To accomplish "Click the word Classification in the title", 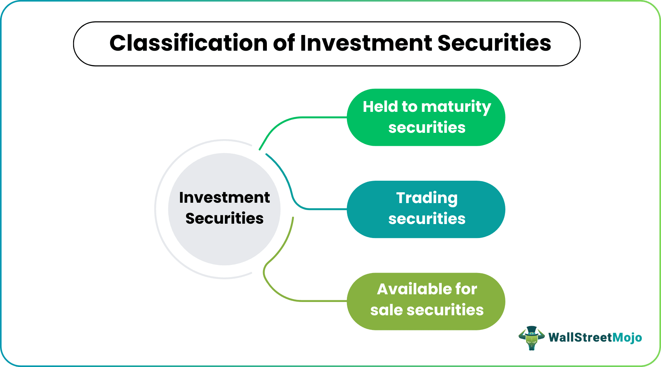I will click(189, 43).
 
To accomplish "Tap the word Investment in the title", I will click(366, 43).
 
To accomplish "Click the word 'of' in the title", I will click(284, 43).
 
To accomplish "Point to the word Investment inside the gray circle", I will click(224, 197).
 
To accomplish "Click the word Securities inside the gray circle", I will click(224, 218).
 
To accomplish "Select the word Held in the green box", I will click(380, 107).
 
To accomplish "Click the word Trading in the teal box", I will click(427, 198).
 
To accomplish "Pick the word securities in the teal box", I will click(427, 219).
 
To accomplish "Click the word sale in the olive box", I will click(386, 310).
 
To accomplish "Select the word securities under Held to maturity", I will click(427, 128).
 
